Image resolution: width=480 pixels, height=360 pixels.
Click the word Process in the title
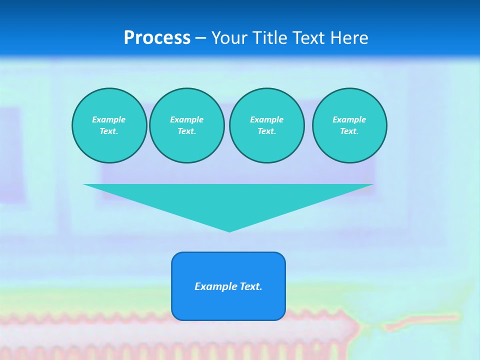tap(157, 38)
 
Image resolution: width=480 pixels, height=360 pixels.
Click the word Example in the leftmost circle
tap(109, 119)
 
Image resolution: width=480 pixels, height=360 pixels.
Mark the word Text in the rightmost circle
tap(349, 131)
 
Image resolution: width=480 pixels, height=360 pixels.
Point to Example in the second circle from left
tap(187, 119)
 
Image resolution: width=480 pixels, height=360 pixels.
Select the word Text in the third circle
tap(266, 131)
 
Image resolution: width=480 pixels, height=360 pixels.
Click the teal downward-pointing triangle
tap(229, 200)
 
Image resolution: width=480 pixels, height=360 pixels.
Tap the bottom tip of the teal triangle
tap(229, 230)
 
